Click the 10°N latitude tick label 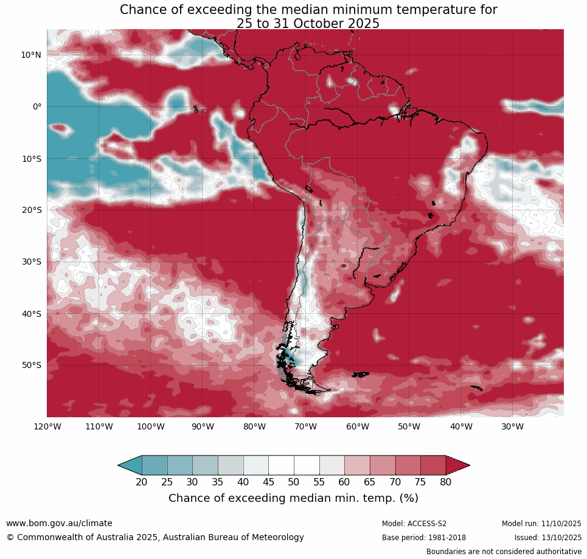click(x=31, y=55)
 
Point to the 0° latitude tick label click(x=37, y=106)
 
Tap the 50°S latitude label click(x=31, y=365)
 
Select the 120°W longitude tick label click(x=47, y=426)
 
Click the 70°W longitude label click(x=306, y=426)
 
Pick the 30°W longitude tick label click(x=513, y=426)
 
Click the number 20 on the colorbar click(x=142, y=482)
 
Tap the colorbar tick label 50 click(x=294, y=482)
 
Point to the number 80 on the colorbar click(x=446, y=482)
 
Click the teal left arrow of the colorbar click(x=130, y=465)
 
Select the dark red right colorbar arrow click(x=457, y=465)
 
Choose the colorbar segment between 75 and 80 click(x=433, y=465)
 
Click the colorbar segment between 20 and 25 click(x=155, y=465)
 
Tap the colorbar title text click(x=293, y=498)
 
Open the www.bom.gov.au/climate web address click(x=59, y=523)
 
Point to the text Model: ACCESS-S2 click(x=414, y=524)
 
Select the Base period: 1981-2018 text click(x=424, y=538)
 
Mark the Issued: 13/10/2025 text click(x=548, y=538)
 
